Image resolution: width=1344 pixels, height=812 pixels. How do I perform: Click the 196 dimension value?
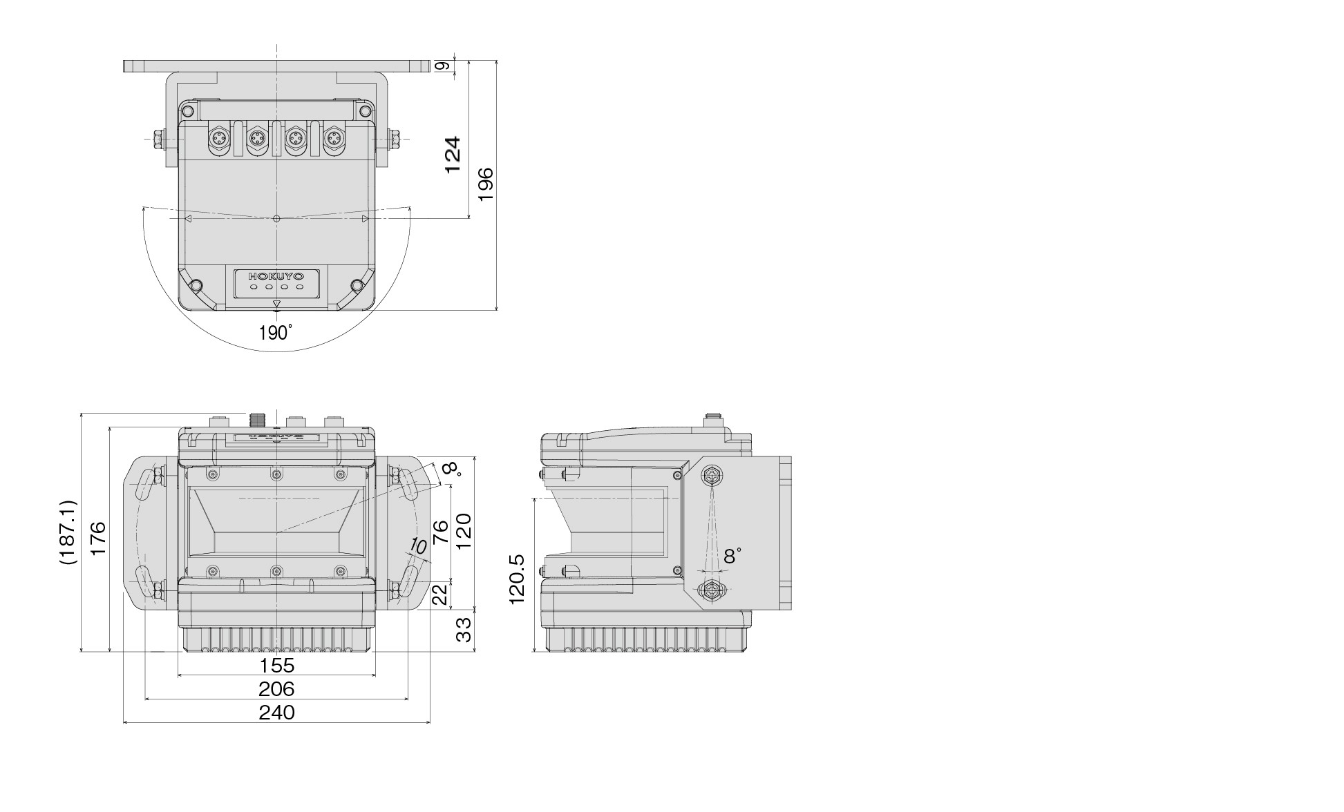[x=486, y=184]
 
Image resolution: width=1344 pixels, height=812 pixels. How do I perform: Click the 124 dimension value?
[x=452, y=155]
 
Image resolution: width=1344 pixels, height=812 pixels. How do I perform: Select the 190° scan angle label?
[x=275, y=333]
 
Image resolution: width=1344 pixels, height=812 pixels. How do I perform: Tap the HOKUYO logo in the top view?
[x=276, y=275]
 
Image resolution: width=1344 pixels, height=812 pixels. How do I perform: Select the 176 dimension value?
[x=97, y=539]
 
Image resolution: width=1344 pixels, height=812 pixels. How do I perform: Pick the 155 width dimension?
[x=276, y=666]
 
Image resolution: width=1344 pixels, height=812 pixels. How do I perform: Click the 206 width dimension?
[x=276, y=689]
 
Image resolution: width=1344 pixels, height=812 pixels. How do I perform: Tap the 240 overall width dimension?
[x=276, y=713]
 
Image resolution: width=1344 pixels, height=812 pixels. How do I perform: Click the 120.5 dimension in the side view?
[x=518, y=579]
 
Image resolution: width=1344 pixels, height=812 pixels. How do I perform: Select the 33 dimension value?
[x=465, y=629]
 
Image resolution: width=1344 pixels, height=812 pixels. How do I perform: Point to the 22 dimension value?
[x=440, y=594]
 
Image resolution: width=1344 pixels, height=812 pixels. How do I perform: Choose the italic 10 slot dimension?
[x=417, y=546]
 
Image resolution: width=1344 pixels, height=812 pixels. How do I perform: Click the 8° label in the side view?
[x=732, y=556]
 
